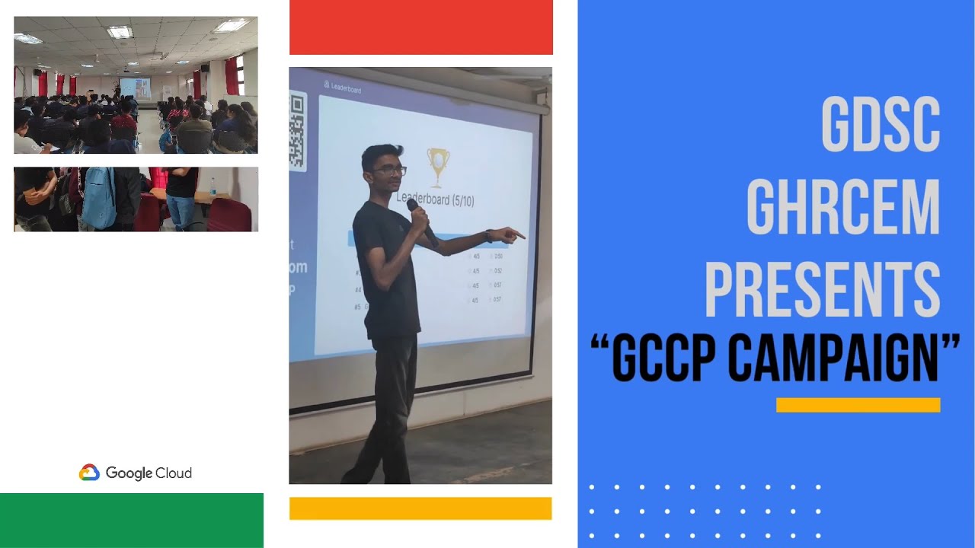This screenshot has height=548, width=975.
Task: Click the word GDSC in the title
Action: (x=880, y=125)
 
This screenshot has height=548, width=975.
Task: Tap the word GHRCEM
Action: (x=842, y=205)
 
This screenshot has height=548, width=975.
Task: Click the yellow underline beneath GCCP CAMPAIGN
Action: (x=858, y=405)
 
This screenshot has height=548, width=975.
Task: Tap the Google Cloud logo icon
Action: (x=89, y=473)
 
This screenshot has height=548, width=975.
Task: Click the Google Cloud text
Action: (x=149, y=473)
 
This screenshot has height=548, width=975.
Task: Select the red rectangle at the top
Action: (x=420, y=27)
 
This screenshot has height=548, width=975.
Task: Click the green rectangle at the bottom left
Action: (x=131, y=520)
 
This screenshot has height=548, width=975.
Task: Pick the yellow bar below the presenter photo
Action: (x=420, y=508)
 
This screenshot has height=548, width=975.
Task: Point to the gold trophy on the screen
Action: (x=437, y=166)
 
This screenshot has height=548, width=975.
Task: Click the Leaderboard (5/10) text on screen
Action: (x=436, y=199)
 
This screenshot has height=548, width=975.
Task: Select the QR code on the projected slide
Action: (x=296, y=130)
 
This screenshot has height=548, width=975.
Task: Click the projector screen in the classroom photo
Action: (x=136, y=88)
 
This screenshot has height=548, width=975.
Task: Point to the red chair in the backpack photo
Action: (x=229, y=215)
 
